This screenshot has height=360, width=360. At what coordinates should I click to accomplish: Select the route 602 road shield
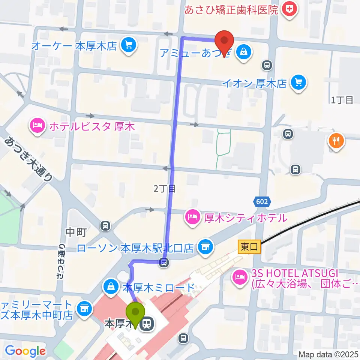pos(262,202)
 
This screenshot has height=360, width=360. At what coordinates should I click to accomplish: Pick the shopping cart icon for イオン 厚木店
pos(299,82)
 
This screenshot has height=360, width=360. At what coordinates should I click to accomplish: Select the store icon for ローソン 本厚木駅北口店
pos(204,247)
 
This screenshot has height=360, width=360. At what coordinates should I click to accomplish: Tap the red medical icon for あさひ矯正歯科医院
pos(289,9)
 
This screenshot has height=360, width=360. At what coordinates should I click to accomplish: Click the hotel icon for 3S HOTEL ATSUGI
pos(240,278)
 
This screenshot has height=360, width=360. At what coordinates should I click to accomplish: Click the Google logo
pos(25,351)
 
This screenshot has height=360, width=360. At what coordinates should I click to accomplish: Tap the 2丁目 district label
pos(165,189)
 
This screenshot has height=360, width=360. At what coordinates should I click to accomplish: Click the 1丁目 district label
pos(342,100)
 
